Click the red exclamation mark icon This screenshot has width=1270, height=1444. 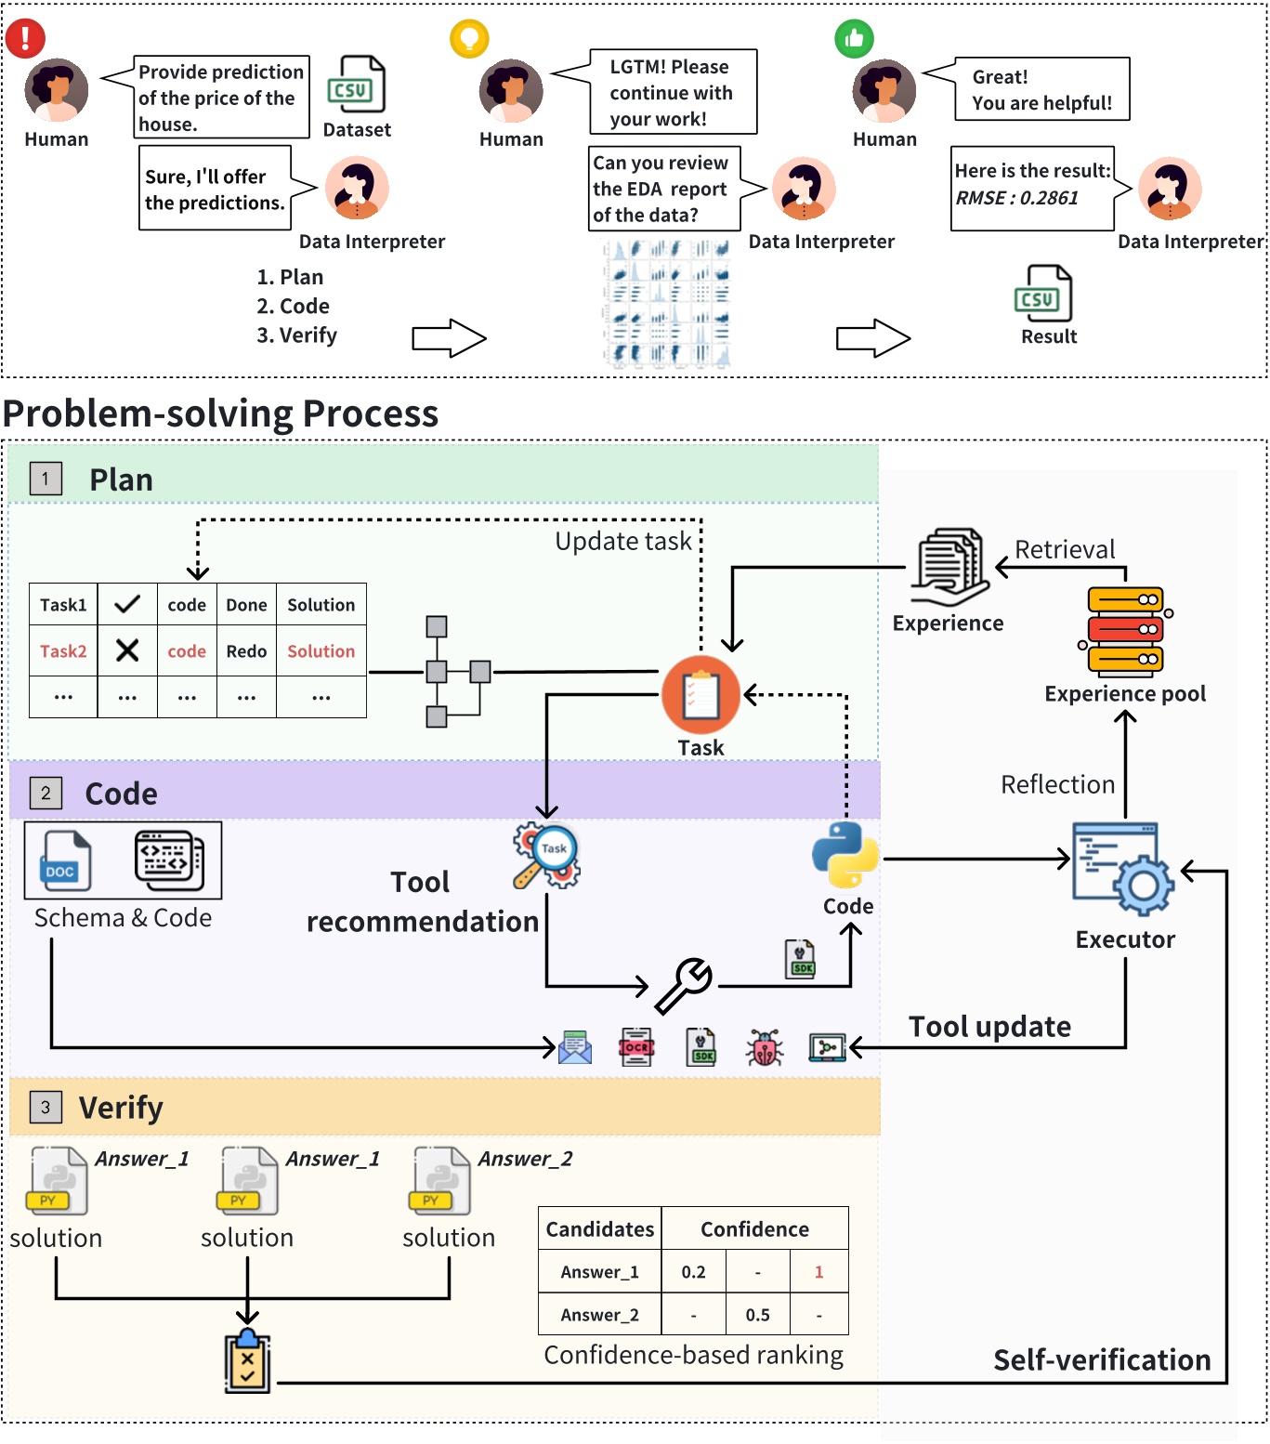click(x=25, y=37)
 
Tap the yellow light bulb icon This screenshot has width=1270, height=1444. click(x=469, y=38)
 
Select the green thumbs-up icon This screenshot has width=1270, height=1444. click(x=854, y=39)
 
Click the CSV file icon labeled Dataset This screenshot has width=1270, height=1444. click(x=356, y=85)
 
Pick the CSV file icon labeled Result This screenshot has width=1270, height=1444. click(x=1043, y=294)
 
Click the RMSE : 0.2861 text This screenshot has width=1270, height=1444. click(x=1016, y=198)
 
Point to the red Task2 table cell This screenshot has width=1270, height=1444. click(x=63, y=651)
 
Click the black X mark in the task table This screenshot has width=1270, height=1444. click(x=127, y=650)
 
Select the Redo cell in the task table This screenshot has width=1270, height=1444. click(x=246, y=651)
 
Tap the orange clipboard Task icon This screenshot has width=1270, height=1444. click(x=700, y=695)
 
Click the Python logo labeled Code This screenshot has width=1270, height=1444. click(x=845, y=855)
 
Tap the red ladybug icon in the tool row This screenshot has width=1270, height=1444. click(x=765, y=1048)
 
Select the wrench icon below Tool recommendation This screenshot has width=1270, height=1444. click(x=684, y=985)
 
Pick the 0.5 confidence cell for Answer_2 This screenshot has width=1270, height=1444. click(x=757, y=1315)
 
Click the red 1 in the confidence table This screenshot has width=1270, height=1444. click(x=818, y=1272)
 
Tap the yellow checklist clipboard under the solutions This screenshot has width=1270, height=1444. click(x=247, y=1362)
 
